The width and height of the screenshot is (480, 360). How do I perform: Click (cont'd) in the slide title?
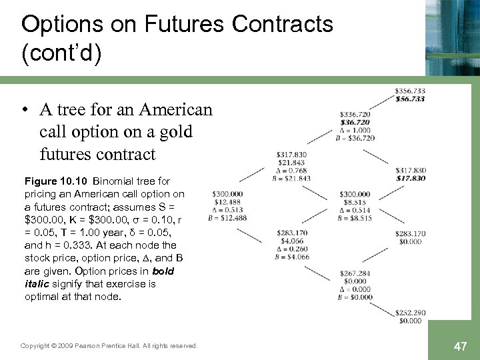coord(61,53)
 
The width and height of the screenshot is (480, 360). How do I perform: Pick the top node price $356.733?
coord(410,90)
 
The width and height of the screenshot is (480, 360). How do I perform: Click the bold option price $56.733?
coord(410,99)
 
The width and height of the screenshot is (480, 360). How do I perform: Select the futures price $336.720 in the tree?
coord(355,114)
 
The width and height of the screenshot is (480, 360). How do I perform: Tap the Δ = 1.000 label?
coord(355,130)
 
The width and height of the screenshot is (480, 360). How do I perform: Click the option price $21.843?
coord(290,163)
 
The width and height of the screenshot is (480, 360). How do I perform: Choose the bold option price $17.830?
coord(410,178)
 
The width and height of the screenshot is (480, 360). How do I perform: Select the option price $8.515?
coord(355,202)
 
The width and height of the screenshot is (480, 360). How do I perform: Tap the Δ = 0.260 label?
coord(290,249)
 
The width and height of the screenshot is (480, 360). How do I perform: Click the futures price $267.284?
coord(355,273)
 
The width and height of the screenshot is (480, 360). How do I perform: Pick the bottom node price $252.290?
coord(410,313)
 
